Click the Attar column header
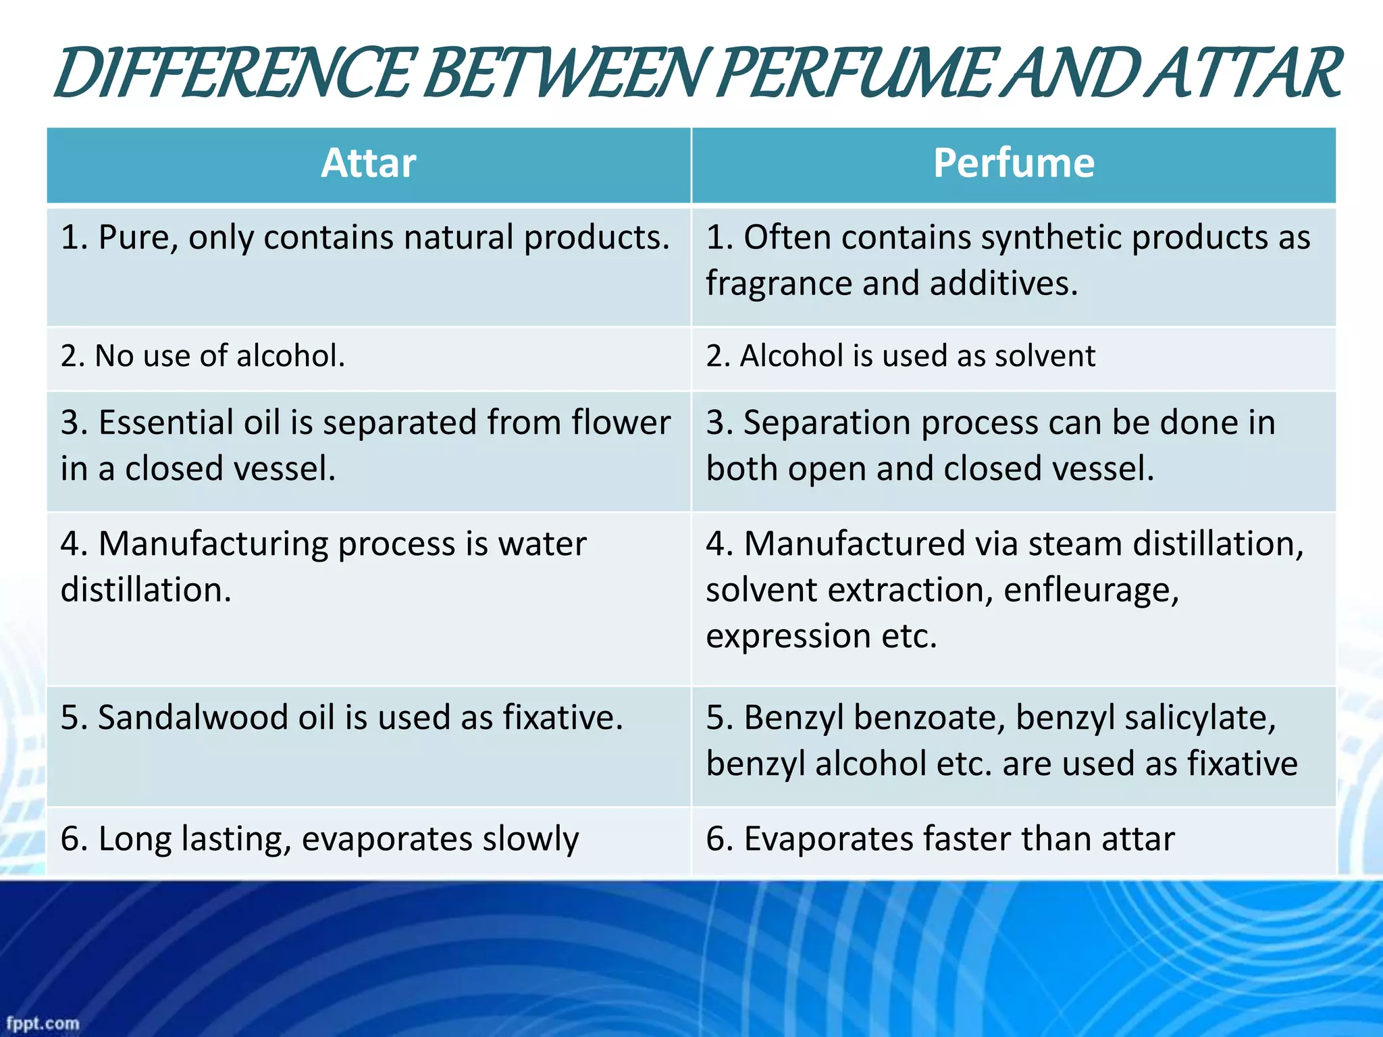click(x=368, y=164)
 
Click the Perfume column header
click(x=1013, y=164)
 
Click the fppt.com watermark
click(x=43, y=1023)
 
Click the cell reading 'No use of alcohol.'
click(x=203, y=356)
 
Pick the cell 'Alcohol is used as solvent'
click(x=900, y=356)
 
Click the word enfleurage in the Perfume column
click(x=1091, y=590)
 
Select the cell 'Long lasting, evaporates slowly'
click(x=319, y=839)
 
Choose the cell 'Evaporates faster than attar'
click(x=940, y=839)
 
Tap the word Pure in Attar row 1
click(x=138, y=238)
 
